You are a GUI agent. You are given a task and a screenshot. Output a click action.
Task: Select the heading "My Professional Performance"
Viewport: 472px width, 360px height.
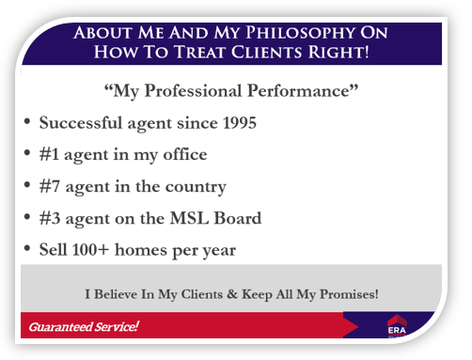point(231,92)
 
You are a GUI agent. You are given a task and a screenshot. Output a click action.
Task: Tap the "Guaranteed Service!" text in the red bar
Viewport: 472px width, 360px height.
point(84,326)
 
